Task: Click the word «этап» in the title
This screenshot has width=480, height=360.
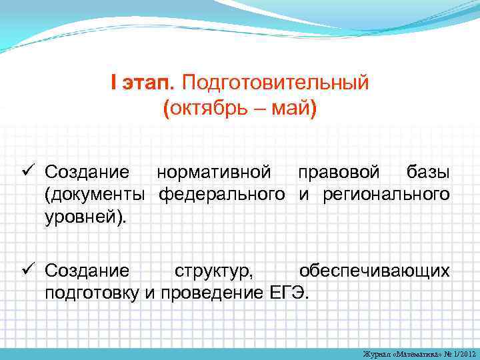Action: pos(147,83)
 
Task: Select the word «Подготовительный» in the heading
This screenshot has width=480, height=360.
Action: pos(274,83)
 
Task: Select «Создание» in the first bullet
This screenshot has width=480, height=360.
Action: pos(87,173)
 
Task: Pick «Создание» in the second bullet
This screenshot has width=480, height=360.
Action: pos(87,271)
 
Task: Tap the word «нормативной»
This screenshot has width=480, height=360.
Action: pos(213,173)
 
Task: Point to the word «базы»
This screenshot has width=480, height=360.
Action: pos(428,173)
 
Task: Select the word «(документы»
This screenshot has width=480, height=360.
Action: pos(95,195)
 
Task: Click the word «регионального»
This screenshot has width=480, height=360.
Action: pos(386,195)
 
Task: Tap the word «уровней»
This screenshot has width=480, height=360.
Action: pos(81,217)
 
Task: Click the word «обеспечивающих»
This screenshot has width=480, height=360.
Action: pos(374,271)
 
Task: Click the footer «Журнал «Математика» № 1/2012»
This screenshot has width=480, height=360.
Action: pos(419,353)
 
